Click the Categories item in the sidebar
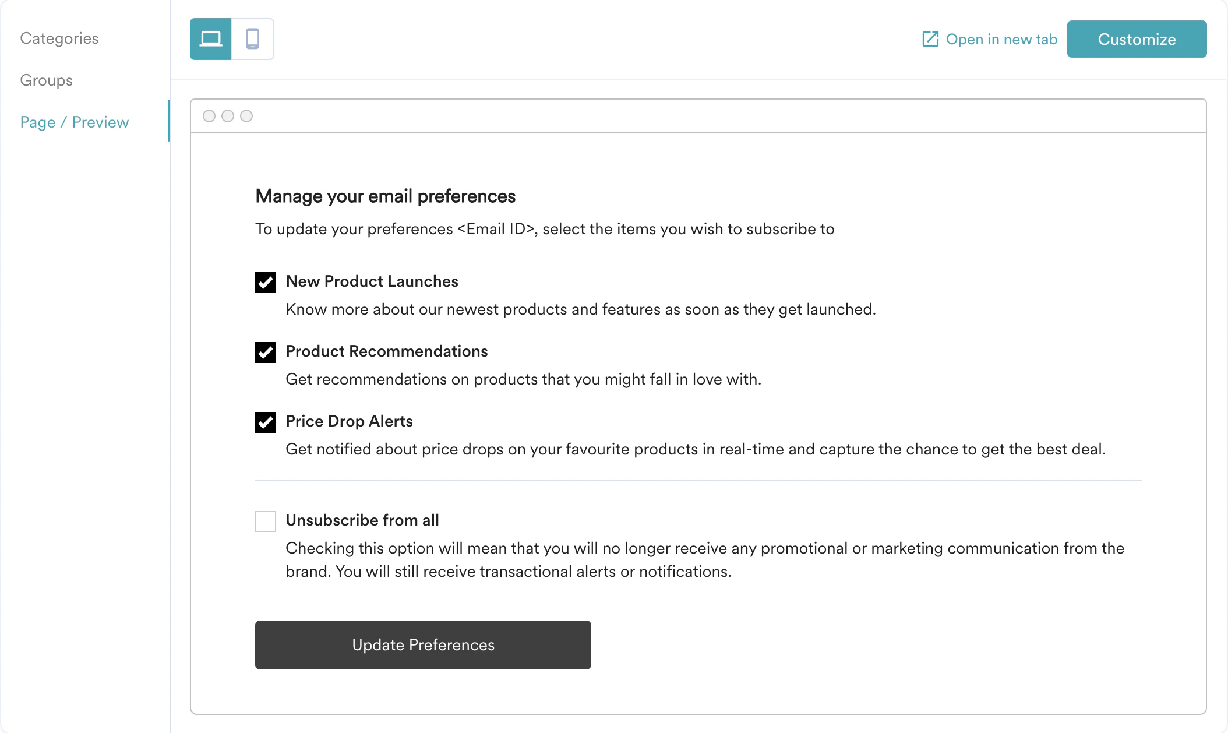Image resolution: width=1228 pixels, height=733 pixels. pyautogui.click(x=59, y=38)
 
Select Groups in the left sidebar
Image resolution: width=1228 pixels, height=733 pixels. pyautogui.click(x=47, y=80)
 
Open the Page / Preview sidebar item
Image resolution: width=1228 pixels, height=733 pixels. pyautogui.click(x=75, y=122)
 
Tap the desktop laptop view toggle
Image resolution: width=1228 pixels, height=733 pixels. pyautogui.click(x=210, y=39)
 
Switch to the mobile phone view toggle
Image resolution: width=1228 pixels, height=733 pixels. pyautogui.click(x=252, y=39)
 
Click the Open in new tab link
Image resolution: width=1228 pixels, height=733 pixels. pyautogui.click(x=1001, y=40)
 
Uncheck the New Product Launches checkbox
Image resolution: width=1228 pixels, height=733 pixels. pyautogui.click(x=266, y=283)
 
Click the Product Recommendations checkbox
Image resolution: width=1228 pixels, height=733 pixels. pyautogui.click(x=266, y=353)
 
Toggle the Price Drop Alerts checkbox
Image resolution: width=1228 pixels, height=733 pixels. pyautogui.click(x=266, y=422)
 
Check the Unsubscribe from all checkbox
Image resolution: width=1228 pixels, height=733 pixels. pyautogui.click(x=266, y=521)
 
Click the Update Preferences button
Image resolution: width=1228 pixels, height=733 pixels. pyautogui.click(x=423, y=645)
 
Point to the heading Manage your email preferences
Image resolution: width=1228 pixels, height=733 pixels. pyautogui.click(x=386, y=196)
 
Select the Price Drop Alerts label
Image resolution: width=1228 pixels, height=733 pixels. pyautogui.click(x=349, y=421)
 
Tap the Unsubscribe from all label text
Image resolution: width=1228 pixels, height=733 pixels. pyautogui.click(x=362, y=520)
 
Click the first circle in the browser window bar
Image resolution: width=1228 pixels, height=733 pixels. pyautogui.click(x=209, y=116)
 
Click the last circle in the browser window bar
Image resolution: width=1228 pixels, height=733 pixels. pyautogui.click(x=246, y=116)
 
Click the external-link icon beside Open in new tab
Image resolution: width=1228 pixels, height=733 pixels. pyautogui.click(x=930, y=39)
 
